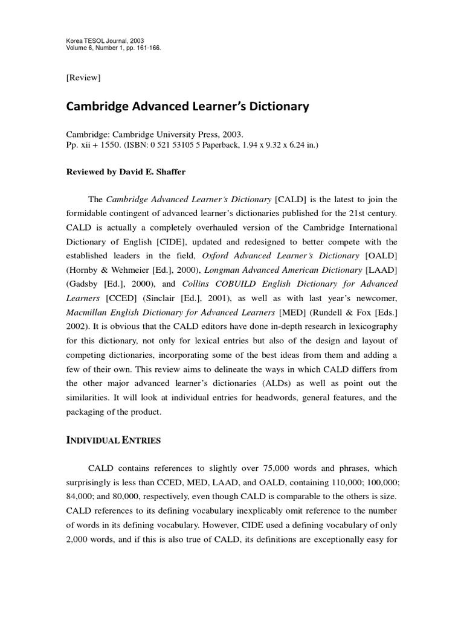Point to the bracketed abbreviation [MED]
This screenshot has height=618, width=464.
pyautogui.click(x=294, y=313)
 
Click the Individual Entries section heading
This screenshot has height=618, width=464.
pyautogui.click(x=113, y=441)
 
